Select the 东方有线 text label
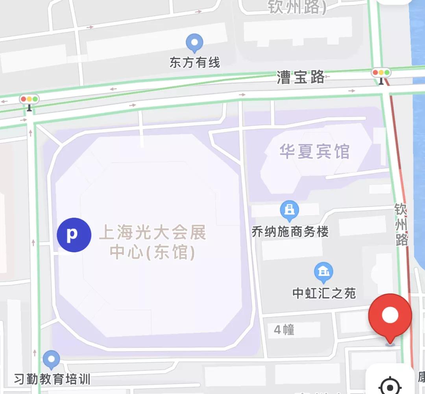pos(195,63)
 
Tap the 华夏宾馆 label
pos(314,152)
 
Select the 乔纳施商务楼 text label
pos(290,231)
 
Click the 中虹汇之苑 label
pos(324,293)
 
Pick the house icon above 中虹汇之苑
pos(323,272)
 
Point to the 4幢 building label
pos(284,329)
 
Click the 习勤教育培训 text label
pos(52,379)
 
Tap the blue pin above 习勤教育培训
pos(51,359)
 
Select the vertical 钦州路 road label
pos(401,224)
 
